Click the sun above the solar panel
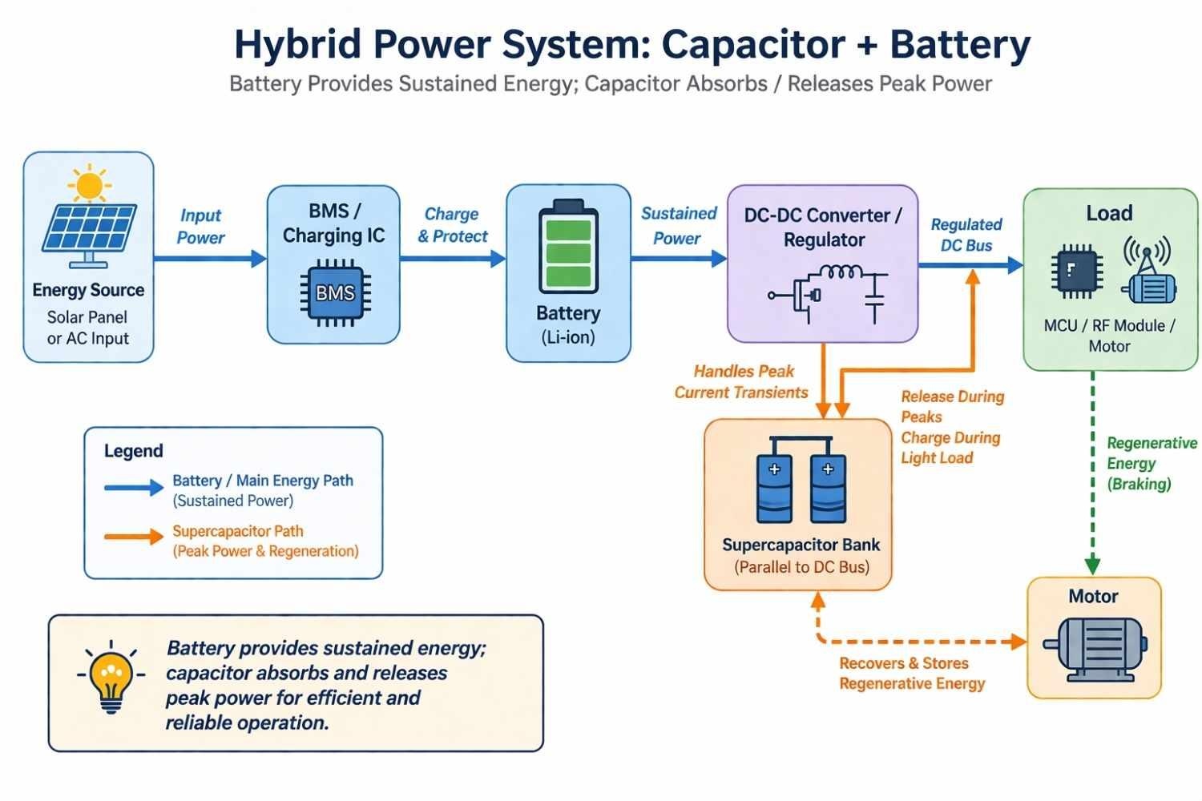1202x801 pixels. (x=89, y=184)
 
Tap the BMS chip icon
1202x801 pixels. (x=335, y=293)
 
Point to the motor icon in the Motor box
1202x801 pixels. (x=1095, y=647)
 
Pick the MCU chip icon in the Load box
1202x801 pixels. (x=1076, y=271)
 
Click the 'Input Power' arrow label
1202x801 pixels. (x=200, y=227)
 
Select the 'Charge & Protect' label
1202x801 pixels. (x=452, y=225)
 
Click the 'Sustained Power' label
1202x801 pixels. (x=678, y=226)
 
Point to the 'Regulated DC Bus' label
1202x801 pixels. (x=966, y=235)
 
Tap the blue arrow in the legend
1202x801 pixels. (x=133, y=488)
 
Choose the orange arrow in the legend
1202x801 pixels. (x=133, y=537)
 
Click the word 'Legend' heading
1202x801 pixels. (x=133, y=451)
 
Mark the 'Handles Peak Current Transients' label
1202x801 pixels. (x=742, y=382)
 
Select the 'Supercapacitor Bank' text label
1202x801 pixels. (x=801, y=545)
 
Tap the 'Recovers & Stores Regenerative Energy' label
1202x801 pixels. (x=911, y=674)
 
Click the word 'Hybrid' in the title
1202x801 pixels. (x=297, y=44)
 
